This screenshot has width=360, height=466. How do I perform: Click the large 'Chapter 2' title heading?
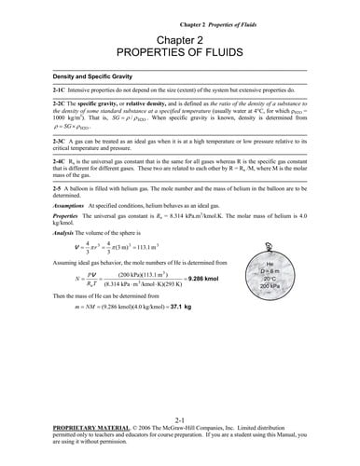click(179, 41)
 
